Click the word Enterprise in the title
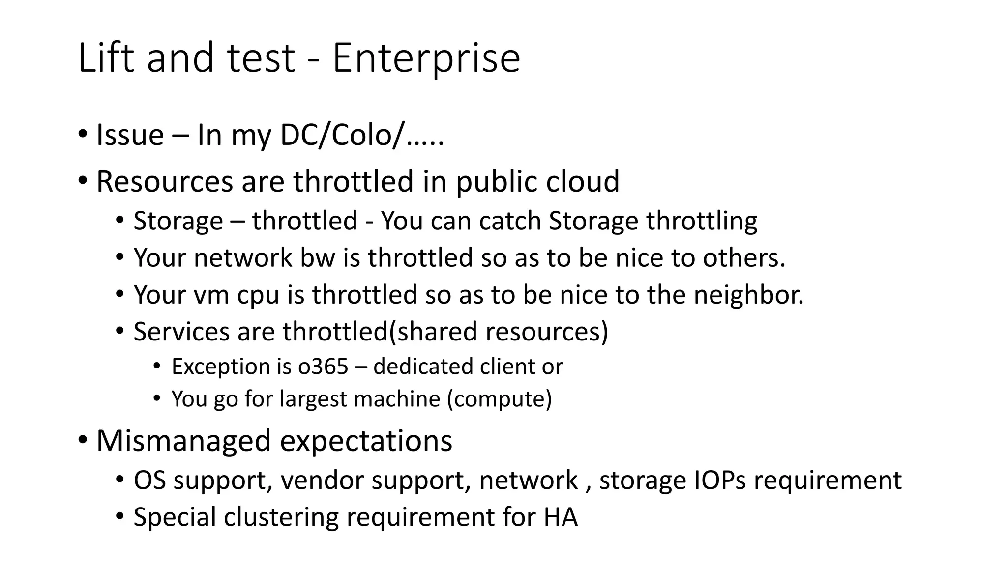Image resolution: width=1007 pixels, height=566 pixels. [x=426, y=58]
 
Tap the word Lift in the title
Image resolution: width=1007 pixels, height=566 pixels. [x=106, y=58]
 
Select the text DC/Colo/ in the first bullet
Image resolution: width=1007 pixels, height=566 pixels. [x=342, y=135]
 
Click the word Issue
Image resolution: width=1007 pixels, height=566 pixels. [x=130, y=135]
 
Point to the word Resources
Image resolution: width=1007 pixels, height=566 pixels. [x=164, y=181]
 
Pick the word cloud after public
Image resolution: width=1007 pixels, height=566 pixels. [x=583, y=181]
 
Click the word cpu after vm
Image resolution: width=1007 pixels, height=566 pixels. [x=258, y=295]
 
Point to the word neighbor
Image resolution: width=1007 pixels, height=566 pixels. [x=748, y=295]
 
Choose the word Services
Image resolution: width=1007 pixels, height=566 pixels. [x=181, y=332]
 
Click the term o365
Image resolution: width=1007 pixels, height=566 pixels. [x=323, y=367]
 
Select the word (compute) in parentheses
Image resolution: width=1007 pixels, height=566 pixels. [x=500, y=399]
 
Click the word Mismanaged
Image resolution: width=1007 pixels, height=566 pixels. [x=183, y=441]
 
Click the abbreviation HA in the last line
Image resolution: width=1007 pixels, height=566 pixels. [x=561, y=517]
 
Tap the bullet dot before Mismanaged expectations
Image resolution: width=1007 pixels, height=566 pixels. [x=83, y=439]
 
